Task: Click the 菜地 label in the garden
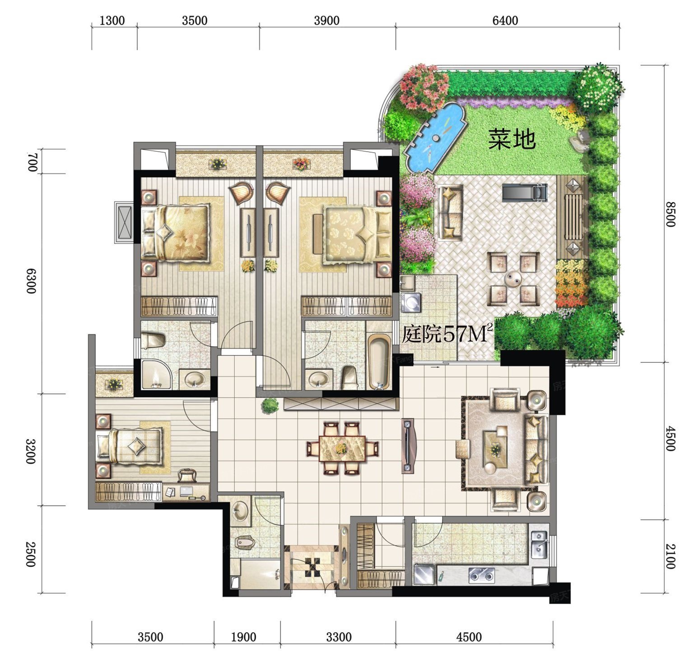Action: pos(512,139)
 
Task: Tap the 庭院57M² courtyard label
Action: pos(447,334)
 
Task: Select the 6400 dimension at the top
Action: pos(505,20)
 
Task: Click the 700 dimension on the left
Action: pos(32,162)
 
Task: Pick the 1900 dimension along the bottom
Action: pos(243,637)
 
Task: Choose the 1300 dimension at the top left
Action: pos(112,20)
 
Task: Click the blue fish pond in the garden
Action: pos(435,137)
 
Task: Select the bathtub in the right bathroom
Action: pos(379,362)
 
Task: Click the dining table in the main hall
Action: pos(342,448)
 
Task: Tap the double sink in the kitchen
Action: pos(539,545)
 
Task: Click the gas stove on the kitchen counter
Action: pos(481,575)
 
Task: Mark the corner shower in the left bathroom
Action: pos(156,374)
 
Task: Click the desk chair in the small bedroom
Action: pos(187,475)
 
